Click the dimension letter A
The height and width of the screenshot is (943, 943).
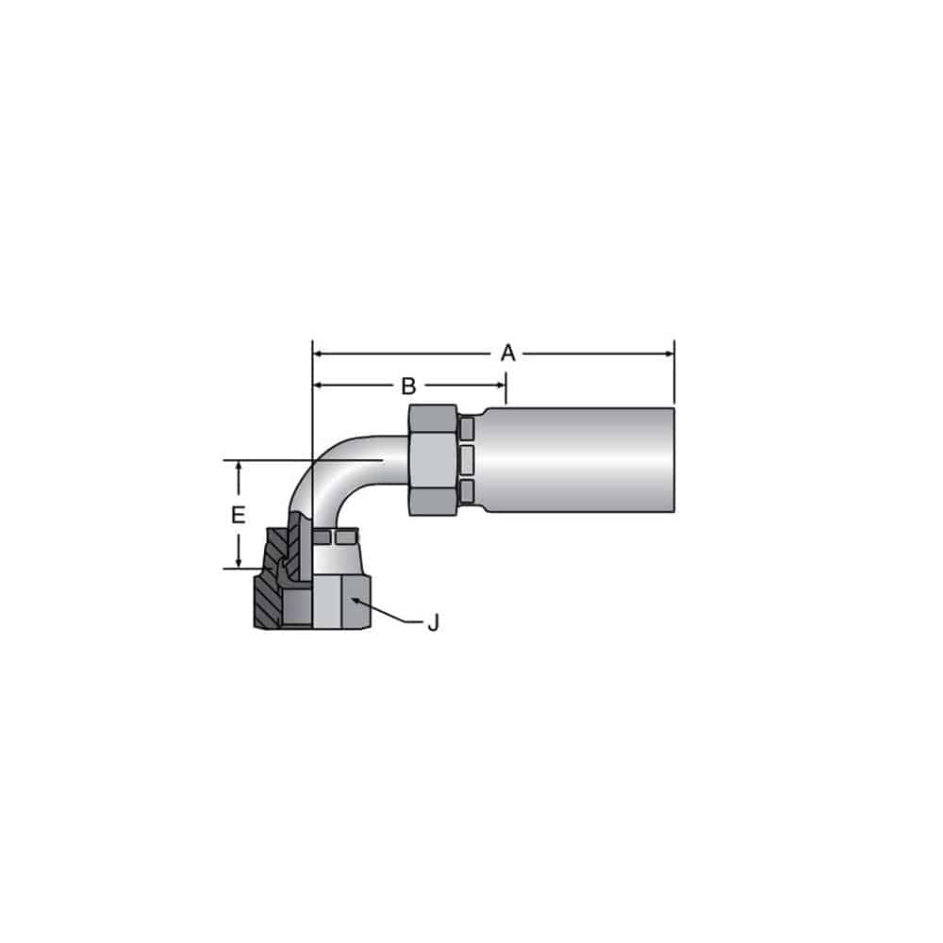tap(508, 354)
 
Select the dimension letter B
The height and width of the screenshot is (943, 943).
tap(408, 386)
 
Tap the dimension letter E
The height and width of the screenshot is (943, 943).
tap(239, 515)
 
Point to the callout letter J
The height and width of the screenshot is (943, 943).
tap(433, 623)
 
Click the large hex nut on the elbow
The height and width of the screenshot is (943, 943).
tap(433, 460)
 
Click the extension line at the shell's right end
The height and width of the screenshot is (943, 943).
tap(674, 377)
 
